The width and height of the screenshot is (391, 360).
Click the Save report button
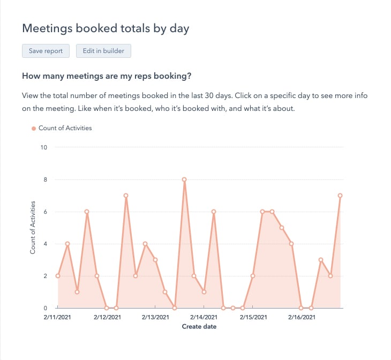(x=46, y=51)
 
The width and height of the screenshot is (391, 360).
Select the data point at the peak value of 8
(x=184, y=179)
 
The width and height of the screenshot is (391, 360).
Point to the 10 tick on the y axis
(x=44, y=147)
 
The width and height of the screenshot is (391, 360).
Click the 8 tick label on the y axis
(x=46, y=179)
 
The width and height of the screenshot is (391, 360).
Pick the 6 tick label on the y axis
(x=46, y=212)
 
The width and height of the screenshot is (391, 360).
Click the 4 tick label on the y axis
(x=46, y=244)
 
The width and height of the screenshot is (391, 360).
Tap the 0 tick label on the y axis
(x=46, y=308)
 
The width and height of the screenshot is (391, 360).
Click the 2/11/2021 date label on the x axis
(x=57, y=318)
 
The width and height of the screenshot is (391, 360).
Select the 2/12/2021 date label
(x=107, y=318)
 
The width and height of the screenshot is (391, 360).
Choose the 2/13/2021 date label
(x=155, y=318)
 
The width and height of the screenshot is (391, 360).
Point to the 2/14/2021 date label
(x=204, y=318)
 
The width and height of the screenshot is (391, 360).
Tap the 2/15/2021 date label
(x=253, y=318)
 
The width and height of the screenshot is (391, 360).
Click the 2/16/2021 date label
(x=302, y=318)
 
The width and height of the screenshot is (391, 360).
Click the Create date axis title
(x=199, y=326)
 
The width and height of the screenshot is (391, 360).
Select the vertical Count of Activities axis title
(x=33, y=228)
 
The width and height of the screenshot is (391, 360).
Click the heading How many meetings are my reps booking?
(x=107, y=76)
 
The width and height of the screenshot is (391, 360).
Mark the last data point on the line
(x=340, y=196)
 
